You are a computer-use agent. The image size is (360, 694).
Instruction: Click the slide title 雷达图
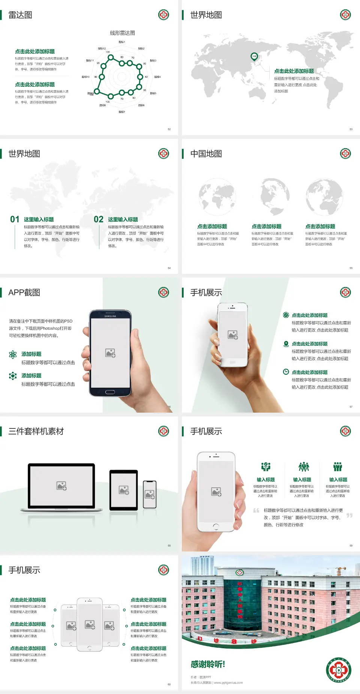click(x=20, y=15)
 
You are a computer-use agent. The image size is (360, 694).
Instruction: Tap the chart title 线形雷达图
click(x=122, y=33)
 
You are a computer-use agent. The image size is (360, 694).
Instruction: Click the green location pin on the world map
click(x=254, y=57)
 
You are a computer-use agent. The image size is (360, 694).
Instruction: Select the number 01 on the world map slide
click(x=15, y=219)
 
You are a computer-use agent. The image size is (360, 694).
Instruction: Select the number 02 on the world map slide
click(x=99, y=219)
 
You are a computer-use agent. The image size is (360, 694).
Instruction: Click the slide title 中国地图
click(x=206, y=154)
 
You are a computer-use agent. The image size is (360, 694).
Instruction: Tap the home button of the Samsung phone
click(x=110, y=392)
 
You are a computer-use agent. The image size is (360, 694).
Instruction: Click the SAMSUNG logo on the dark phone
click(x=110, y=316)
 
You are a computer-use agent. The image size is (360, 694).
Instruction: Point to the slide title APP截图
click(x=24, y=293)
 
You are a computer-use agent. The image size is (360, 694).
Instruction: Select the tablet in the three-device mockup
click(x=124, y=490)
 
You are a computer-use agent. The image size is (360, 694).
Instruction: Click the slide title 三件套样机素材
click(x=36, y=431)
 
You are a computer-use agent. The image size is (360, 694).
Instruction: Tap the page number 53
click(x=351, y=129)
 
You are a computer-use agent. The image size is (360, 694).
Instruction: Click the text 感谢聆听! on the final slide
click(x=208, y=664)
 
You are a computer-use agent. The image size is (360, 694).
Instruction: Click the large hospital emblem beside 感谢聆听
click(x=339, y=670)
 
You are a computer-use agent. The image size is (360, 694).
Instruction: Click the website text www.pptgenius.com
click(x=228, y=683)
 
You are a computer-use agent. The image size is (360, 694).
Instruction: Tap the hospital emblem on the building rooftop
click(x=240, y=572)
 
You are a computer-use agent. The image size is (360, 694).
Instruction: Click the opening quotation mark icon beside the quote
click(x=256, y=511)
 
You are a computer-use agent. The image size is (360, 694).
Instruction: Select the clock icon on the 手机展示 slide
click(x=286, y=372)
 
